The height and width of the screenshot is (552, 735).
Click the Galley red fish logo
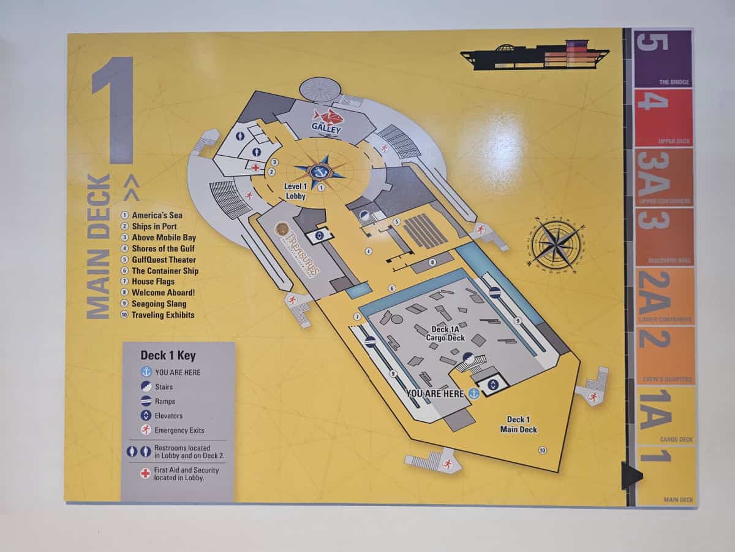(x=325, y=117)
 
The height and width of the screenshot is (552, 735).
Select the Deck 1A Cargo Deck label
(x=448, y=334)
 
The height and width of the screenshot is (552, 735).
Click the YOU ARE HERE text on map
(x=435, y=394)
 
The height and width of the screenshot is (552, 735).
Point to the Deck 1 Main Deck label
(x=518, y=424)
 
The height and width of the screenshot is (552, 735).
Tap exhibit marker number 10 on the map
(x=542, y=450)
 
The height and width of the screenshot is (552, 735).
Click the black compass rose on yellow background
(x=554, y=244)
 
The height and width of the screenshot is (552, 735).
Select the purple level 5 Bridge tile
(x=663, y=59)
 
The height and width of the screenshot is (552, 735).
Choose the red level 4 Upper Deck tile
(x=663, y=118)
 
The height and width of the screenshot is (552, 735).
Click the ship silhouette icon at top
(x=535, y=56)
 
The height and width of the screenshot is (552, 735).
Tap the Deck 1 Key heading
(x=168, y=355)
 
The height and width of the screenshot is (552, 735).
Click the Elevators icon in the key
(x=146, y=416)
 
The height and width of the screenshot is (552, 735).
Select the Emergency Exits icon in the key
(x=146, y=430)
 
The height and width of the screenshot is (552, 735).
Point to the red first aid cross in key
(x=145, y=473)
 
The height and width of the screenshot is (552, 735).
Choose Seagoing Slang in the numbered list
(x=159, y=304)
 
